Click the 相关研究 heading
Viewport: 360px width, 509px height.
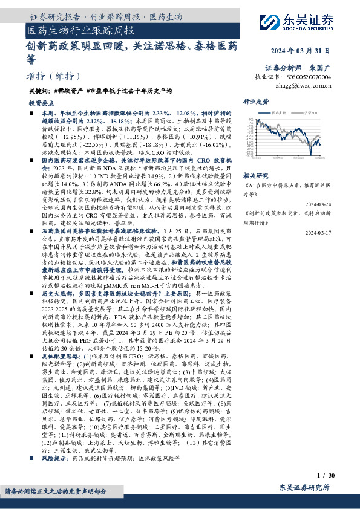tap(255, 174)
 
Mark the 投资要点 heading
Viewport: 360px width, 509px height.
tap(42, 104)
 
